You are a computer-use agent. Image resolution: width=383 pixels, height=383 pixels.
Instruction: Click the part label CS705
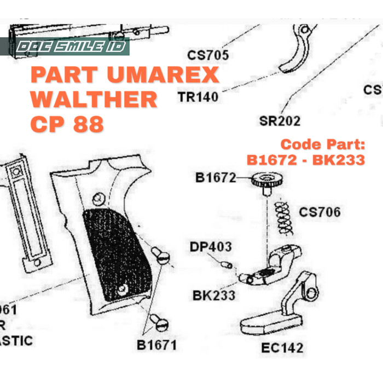click(x=208, y=55)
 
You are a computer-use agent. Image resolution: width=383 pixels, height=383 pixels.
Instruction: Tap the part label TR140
click(x=198, y=97)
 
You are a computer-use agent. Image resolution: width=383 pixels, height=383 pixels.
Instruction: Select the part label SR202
click(x=280, y=120)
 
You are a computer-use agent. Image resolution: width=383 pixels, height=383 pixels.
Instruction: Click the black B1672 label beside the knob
click(x=216, y=178)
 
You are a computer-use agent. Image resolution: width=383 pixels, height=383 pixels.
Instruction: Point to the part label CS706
click(x=319, y=212)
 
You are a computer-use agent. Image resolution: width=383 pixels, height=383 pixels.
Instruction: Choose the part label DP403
click(x=211, y=246)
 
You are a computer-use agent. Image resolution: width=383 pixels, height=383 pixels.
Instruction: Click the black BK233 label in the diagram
click(x=214, y=295)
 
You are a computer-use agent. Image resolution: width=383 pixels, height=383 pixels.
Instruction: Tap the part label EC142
click(x=282, y=347)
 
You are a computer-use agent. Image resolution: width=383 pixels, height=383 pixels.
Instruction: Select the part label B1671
click(x=157, y=345)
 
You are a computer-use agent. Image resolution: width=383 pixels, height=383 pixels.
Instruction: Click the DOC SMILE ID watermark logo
click(x=71, y=47)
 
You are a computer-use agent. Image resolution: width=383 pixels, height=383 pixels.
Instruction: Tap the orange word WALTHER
click(x=94, y=100)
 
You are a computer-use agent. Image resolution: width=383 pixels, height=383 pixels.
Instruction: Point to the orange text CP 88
click(x=67, y=124)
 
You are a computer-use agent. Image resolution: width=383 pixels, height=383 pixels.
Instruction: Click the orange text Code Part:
click(x=322, y=145)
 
